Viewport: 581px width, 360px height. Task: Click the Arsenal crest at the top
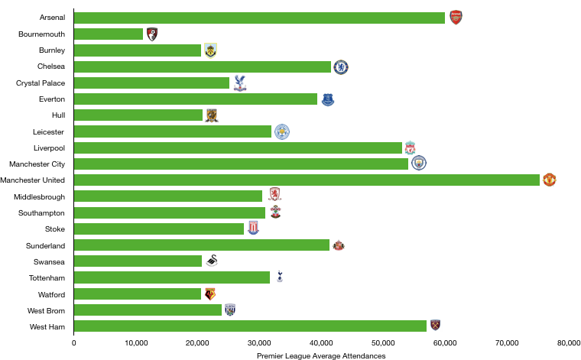(x=456, y=18)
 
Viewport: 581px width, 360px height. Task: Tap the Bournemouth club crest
(x=152, y=34)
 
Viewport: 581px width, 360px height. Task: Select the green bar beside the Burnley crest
(x=138, y=50)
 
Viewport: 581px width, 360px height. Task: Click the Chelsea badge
(x=341, y=67)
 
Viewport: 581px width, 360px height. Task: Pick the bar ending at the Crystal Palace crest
(x=151, y=83)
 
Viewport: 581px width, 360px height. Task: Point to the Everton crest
(x=328, y=99)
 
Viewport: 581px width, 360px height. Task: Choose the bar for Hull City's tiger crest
(x=138, y=115)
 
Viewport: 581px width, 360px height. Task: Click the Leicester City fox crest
(x=282, y=131)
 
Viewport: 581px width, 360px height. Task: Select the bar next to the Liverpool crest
(x=238, y=148)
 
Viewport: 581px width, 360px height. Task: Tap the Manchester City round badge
(x=419, y=163)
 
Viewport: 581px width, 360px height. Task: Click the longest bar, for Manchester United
(x=307, y=180)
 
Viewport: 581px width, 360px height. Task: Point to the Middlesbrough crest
(x=274, y=195)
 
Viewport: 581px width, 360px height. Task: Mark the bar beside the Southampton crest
(x=170, y=212)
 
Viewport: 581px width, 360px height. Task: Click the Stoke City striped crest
(x=253, y=228)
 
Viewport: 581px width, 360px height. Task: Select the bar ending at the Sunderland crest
(x=202, y=245)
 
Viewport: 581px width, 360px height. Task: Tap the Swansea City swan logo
(x=212, y=261)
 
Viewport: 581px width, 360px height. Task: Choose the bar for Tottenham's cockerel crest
(x=172, y=277)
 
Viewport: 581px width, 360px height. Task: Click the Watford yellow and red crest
(x=210, y=294)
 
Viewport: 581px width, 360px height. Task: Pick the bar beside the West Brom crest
(x=148, y=310)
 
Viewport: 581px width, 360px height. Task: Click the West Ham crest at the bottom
(x=435, y=326)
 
